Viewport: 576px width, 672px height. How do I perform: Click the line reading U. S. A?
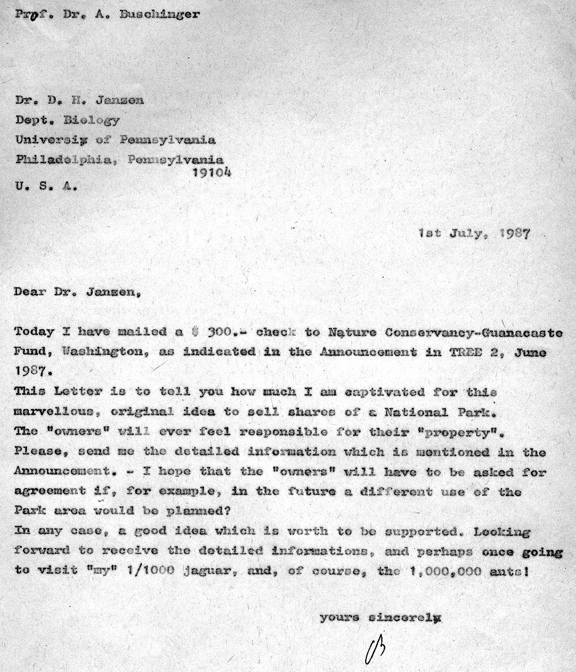tap(44, 186)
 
